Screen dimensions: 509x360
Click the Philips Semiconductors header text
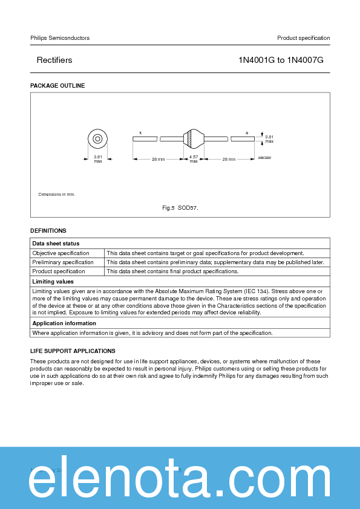(x=60, y=38)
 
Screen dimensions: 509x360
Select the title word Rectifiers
(x=54, y=60)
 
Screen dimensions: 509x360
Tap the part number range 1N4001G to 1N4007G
(x=281, y=60)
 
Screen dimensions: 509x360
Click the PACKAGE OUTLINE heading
(x=57, y=86)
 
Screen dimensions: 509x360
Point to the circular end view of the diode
(x=97, y=138)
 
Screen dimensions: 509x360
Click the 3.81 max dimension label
(x=97, y=159)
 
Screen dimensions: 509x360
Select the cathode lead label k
(x=140, y=132)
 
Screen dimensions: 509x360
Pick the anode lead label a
(x=246, y=132)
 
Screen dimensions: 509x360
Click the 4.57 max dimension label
(x=194, y=159)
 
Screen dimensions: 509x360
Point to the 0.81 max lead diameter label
(x=269, y=138)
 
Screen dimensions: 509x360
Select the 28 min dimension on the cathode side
(x=158, y=159)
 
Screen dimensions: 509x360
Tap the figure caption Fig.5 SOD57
(x=180, y=208)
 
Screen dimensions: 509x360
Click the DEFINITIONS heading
(x=48, y=230)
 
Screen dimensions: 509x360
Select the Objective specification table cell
(x=61, y=253)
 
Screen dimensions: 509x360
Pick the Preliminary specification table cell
(x=63, y=262)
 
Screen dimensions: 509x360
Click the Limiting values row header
(x=53, y=282)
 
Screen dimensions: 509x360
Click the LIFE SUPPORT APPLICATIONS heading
(x=73, y=351)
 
